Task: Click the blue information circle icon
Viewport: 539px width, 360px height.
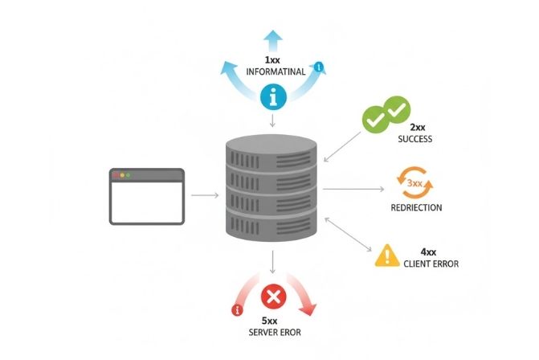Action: pos(273,98)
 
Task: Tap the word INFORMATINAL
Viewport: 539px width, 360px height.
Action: pos(273,72)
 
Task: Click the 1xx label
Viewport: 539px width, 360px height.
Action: pos(273,60)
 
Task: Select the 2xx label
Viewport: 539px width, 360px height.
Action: pos(417,128)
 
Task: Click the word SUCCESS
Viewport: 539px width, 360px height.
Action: pos(414,139)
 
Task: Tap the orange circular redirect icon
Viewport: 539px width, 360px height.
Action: pos(414,184)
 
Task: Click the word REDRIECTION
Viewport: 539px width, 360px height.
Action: pos(415,207)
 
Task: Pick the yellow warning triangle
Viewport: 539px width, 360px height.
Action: pos(387,255)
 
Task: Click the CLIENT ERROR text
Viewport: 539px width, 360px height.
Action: pos(431,264)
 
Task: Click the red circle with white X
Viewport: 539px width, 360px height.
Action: pos(273,297)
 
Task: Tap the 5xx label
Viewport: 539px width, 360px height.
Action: pos(273,321)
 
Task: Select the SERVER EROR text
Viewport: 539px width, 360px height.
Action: pos(274,333)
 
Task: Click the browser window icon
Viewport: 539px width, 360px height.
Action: pos(147,196)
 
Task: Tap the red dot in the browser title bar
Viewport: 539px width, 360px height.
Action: pos(115,175)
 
